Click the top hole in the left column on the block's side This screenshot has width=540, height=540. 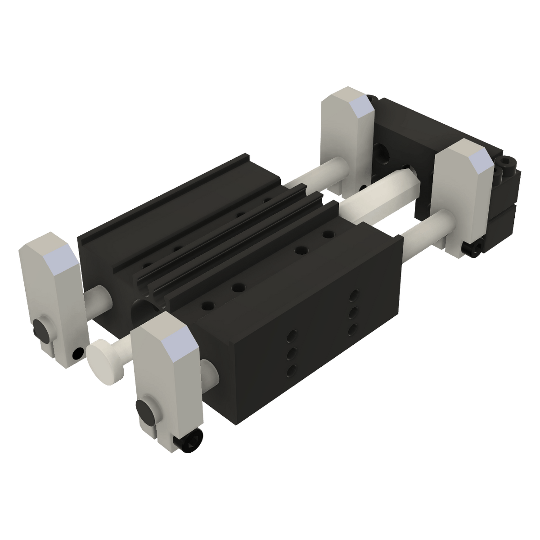pyautogui.click(x=291, y=335)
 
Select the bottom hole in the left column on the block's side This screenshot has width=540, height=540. pyautogui.click(x=291, y=370)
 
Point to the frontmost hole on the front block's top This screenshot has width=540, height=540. pyautogui.click(x=207, y=305)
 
